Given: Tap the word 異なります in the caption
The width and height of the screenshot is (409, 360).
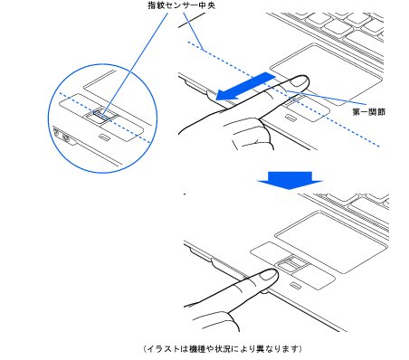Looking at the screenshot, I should (x=277, y=348).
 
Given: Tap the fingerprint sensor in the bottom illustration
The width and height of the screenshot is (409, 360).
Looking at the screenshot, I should (x=292, y=265).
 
